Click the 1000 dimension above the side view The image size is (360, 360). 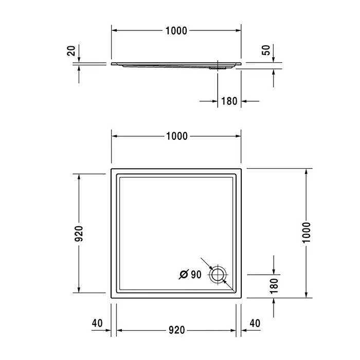pos(176,31)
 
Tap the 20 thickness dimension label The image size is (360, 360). pos(71,51)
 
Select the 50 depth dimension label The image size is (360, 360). pos(266,50)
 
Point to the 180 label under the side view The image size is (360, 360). pos(229,101)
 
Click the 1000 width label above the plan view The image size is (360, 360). pos(177,136)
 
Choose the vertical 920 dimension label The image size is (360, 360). pos(79,233)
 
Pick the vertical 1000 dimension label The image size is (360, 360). pos(306,232)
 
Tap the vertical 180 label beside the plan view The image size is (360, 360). pos(274,286)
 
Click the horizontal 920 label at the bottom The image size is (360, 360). pos(176,330)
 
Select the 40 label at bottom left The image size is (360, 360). pos(97,323)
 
